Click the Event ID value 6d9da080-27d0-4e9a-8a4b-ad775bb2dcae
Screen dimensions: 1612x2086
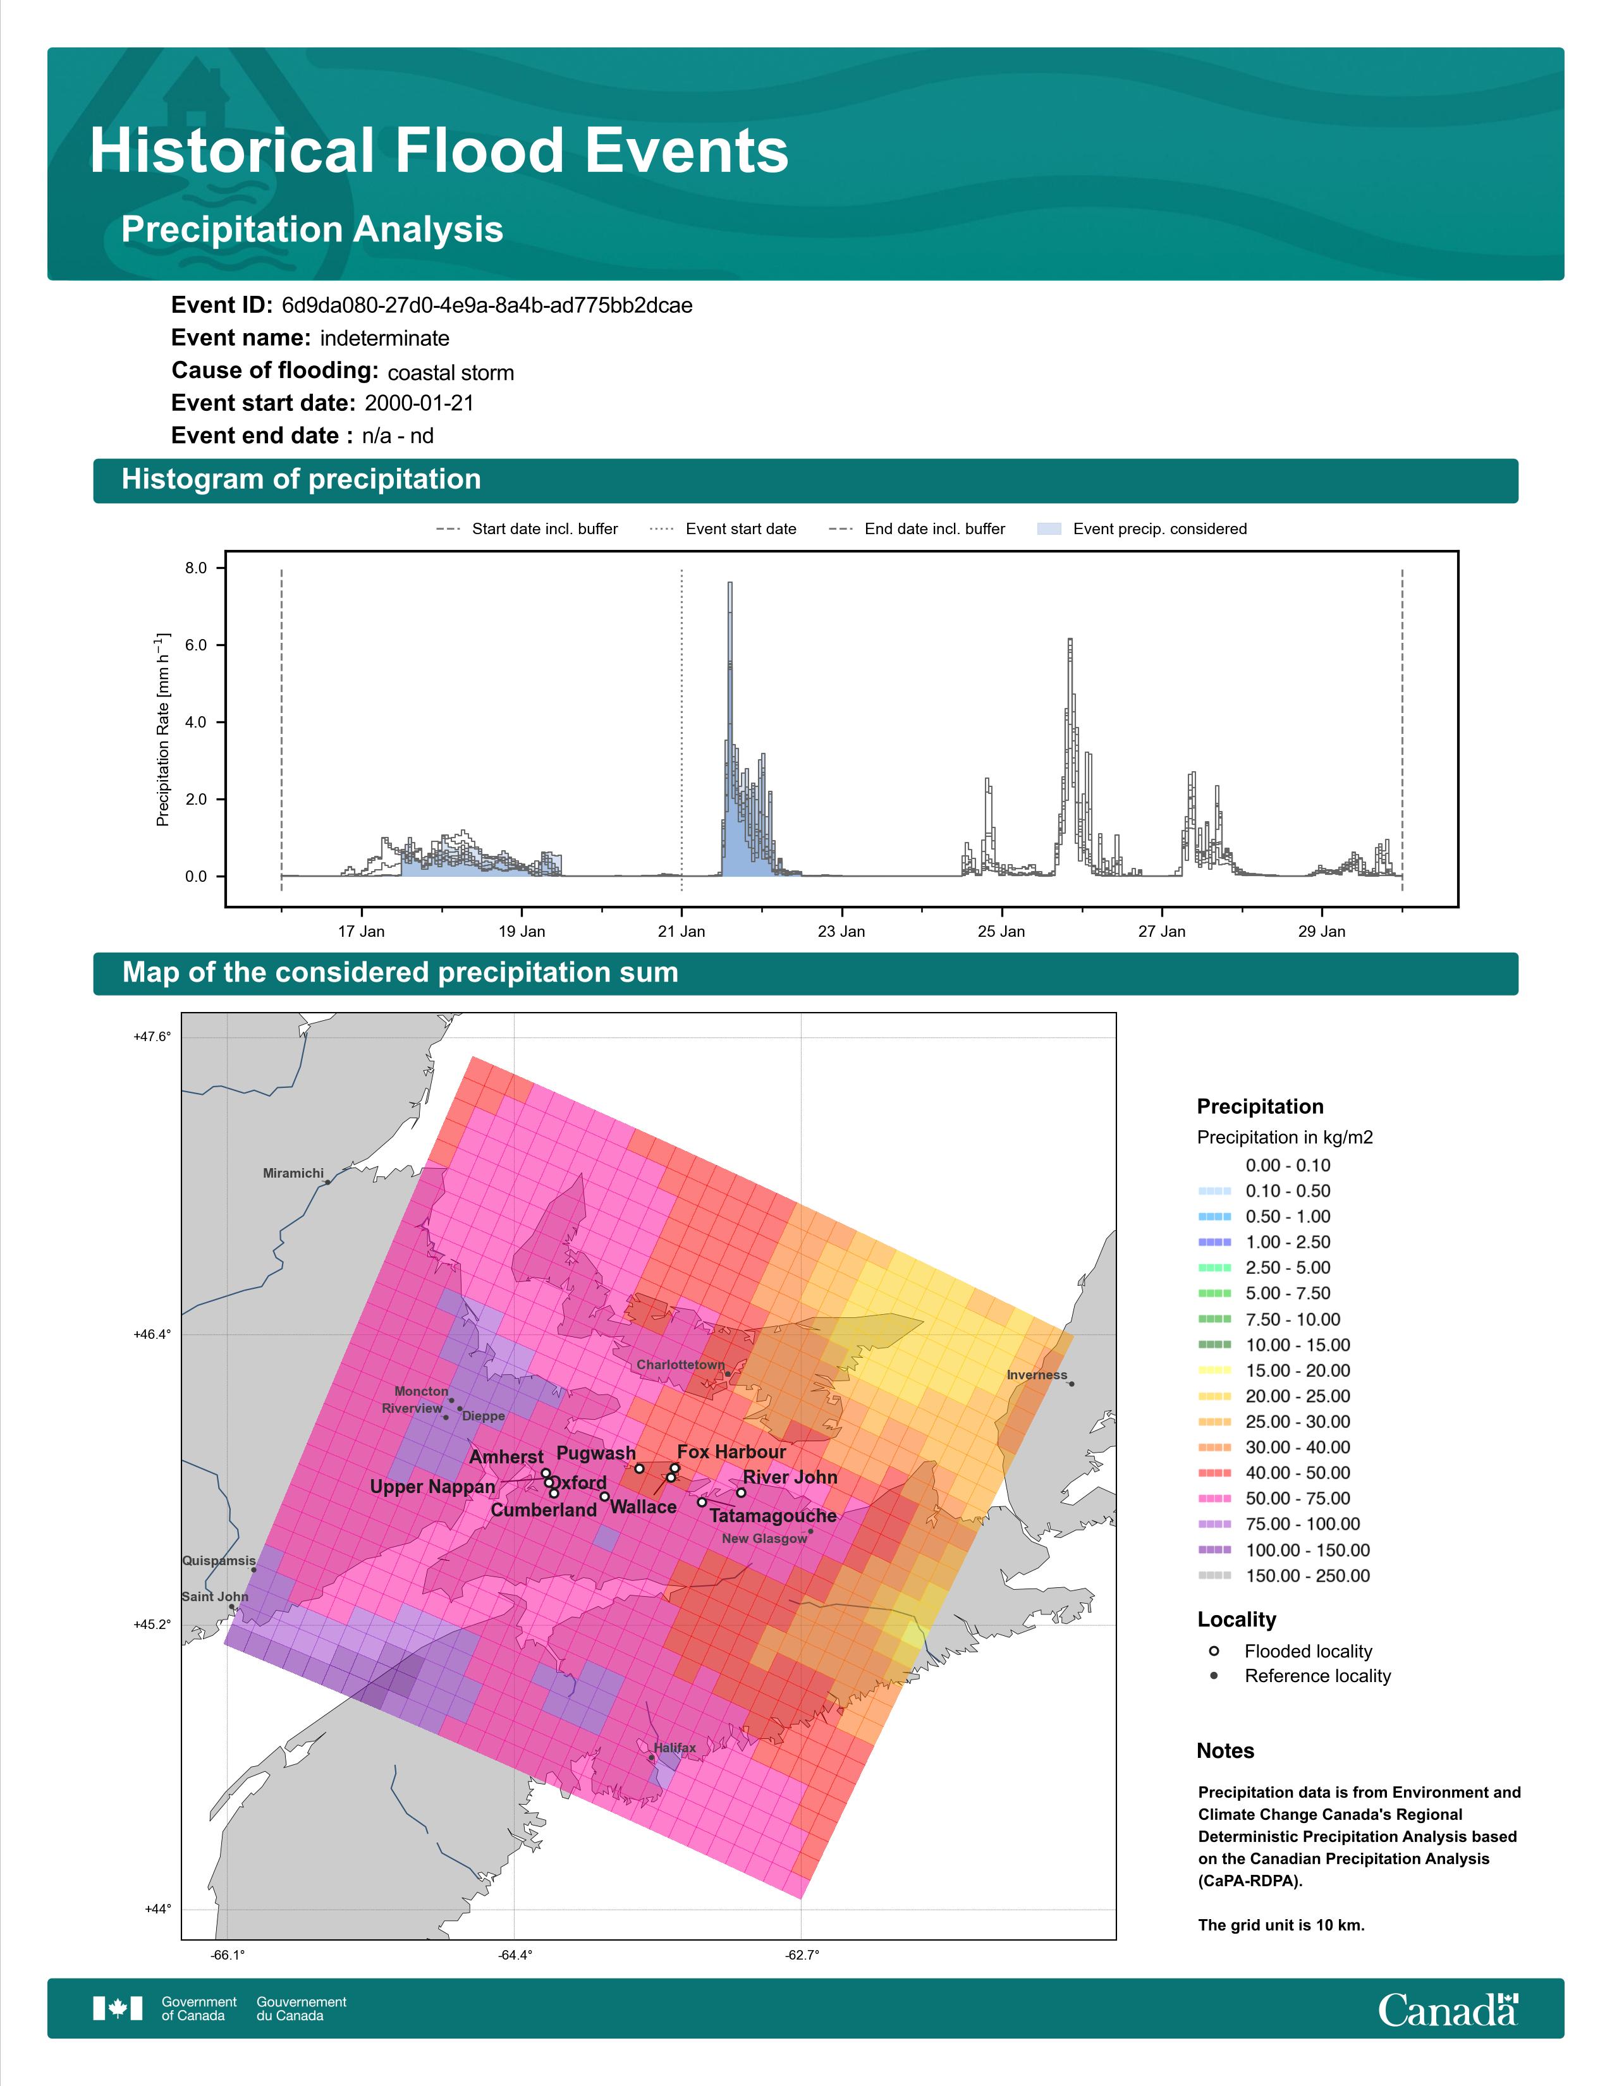(x=487, y=306)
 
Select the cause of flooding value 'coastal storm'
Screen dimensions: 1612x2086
(x=451, y=372)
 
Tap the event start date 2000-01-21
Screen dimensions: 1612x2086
(x=419, y=403)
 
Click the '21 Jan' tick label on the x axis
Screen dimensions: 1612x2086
(x=681, y=931)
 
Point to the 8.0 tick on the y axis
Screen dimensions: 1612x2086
(x=196, y=568)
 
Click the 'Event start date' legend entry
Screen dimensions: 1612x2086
(x=723, y=529)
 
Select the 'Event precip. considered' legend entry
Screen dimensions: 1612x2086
(x=1142, y=529)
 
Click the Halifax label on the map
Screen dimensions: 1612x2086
(x=675, y=1748)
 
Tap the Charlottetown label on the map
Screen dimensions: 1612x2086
(x=681, y=1365)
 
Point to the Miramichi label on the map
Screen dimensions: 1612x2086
(x=293, y=1173)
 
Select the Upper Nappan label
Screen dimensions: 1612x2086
(x=432, y=1487)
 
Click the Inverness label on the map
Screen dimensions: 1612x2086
(x=1037, y=1375)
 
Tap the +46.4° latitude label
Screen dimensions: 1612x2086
(x=153, y=1334)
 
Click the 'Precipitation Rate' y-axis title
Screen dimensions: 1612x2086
(x=162, y=729)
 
